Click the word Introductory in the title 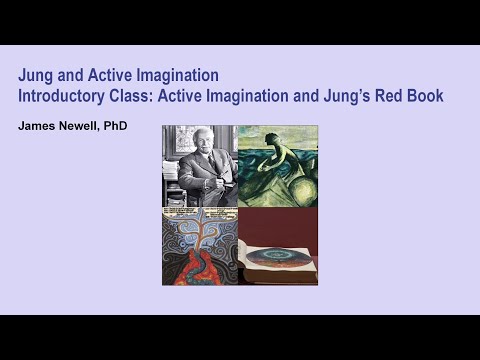(60, 96)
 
